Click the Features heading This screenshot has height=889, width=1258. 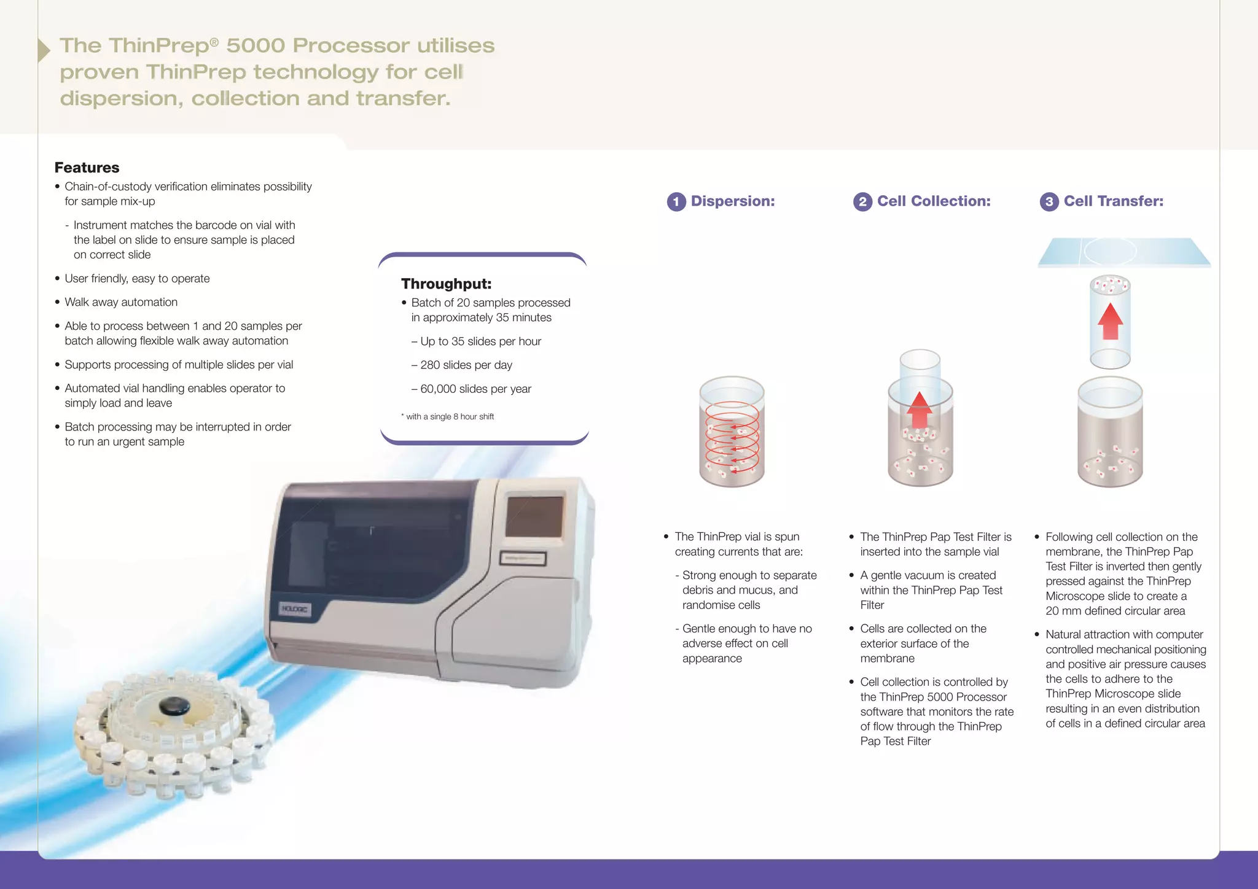(87, 168)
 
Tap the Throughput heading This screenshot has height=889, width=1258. (446, 284)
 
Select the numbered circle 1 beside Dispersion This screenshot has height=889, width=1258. (676, 202)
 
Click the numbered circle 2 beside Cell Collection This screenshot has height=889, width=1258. (862, 202)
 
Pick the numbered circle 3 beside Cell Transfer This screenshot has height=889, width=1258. (1049, 202)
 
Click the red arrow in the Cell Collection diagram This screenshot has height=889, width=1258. (919, 410)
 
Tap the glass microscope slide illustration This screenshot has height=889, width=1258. (1123, 252)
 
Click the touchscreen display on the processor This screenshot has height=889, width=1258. (534, 516)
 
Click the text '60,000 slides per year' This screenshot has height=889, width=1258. (475, 389)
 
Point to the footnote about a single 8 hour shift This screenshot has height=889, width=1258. (448, 417)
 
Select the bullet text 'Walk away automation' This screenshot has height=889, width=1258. (121, 302)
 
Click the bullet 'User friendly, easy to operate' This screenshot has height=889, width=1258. (137, 279)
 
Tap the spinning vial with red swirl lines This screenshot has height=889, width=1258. (732, 432)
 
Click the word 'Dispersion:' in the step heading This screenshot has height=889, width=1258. (732, 201)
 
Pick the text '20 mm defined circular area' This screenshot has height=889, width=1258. (1115, 611)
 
